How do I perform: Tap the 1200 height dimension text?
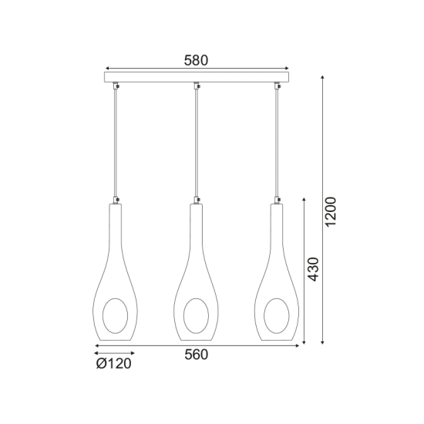(x=332, y=210)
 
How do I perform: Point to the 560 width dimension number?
(x=197, y=355)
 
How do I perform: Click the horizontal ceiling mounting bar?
(x=197, y=78)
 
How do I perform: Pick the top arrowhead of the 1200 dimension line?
(x=321, y=77)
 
